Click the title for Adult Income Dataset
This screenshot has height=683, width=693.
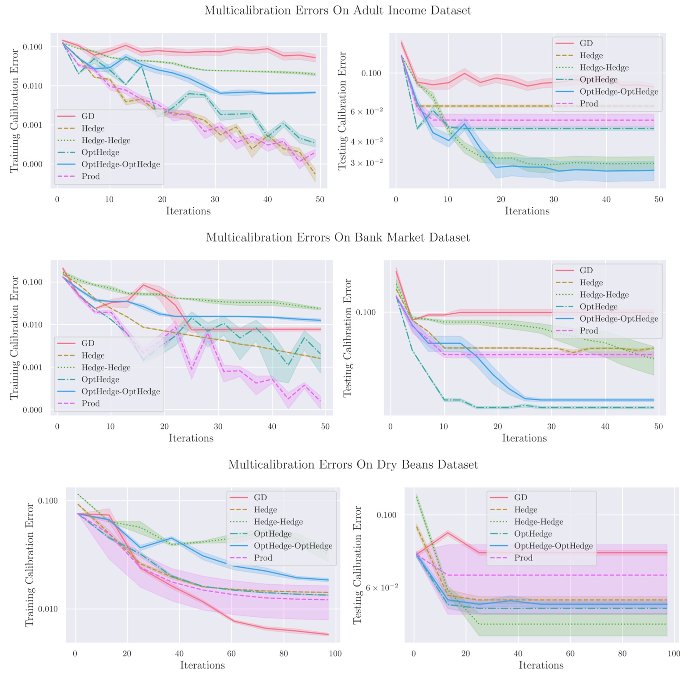pos(338,11)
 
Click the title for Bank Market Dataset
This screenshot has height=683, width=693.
pos(338,238)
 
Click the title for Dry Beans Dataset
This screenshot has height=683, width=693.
pos(353,465)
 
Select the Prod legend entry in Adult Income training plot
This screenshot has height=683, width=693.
pos(90,177)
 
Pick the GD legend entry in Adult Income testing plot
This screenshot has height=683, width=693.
pos(586,43)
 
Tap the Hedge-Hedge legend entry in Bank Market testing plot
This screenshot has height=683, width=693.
pos(604,295)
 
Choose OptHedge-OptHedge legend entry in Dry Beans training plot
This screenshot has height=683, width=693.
pos(293,546)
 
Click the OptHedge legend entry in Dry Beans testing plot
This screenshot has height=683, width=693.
pos(533,534)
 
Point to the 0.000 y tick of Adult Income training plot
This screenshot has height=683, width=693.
pos(33,164)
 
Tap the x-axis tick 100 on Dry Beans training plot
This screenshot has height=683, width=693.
pos(335,654)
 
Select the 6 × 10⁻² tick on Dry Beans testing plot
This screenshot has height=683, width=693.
pos(382,587)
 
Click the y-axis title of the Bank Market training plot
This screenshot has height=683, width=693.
pos(14,338)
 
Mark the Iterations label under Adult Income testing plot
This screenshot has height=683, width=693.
pos(527,211)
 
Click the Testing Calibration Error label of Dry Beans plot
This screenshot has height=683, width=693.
pos(358,565)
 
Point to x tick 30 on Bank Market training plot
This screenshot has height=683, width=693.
pos(218,427)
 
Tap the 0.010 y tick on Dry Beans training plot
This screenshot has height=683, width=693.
pos(48,609)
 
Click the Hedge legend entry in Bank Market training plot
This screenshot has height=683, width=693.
pos(92,356)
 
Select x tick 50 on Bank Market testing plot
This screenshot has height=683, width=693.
pos(658,427)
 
